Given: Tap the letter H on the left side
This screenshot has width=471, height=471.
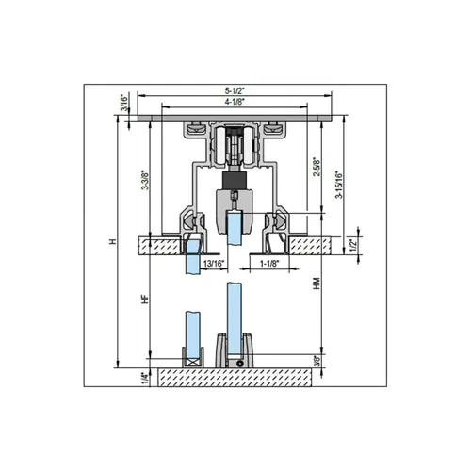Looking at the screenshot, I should click(x=112, y=243).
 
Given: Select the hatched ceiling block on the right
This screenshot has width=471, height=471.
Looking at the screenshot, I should click(x=307, y=244).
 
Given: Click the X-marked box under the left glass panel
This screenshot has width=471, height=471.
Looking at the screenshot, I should click(x=193, y=360).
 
